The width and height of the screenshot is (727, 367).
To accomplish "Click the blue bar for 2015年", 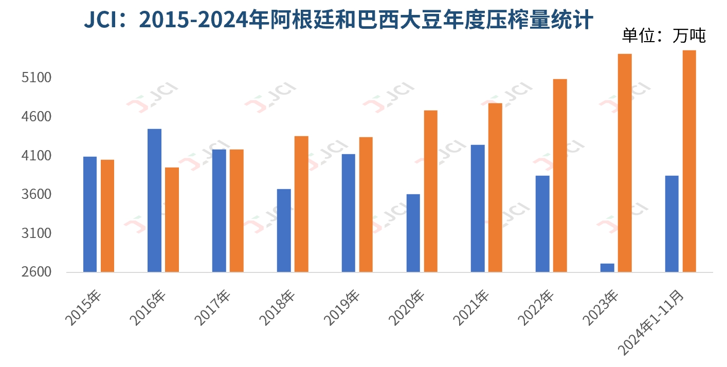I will coord(90,214).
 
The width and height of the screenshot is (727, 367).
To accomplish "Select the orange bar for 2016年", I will coord(172,219).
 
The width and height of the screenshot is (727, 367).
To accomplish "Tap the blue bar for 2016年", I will coord(154,200).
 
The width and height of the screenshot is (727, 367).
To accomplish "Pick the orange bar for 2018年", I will coord(301,204).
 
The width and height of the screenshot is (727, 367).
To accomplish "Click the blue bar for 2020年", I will coord(413,233).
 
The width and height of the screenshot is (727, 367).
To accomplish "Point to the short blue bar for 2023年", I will coord(607,267).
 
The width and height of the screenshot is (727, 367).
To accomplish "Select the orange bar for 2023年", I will coord(625,162).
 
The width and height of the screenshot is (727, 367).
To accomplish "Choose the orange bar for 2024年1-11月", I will coord(689,161).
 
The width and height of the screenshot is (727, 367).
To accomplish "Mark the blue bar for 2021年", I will coord(478,208).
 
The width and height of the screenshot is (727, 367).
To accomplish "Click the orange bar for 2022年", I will coord(560,175).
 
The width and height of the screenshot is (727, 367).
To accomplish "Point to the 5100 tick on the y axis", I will coord(37,78).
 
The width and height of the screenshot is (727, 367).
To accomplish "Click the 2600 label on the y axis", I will coord(37,272).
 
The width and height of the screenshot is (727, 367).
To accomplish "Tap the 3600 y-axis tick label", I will coord(37,195).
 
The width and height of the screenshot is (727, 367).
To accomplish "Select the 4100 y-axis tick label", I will coord(37,156).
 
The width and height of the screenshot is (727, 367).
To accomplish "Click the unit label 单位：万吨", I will coord(664,35).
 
